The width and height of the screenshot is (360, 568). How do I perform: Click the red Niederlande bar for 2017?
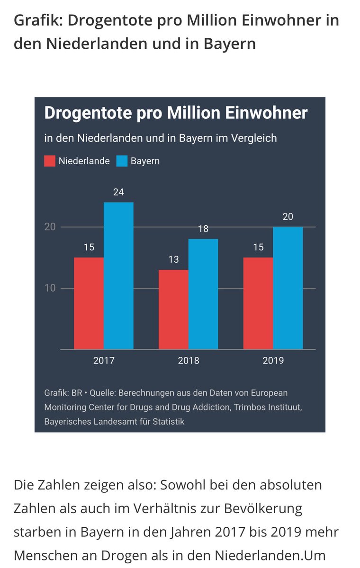click(x=89, y=303)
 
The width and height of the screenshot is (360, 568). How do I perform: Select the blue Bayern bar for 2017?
click(x=118, y=275)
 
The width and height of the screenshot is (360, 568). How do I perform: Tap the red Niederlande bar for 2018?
click(x=173, y=310)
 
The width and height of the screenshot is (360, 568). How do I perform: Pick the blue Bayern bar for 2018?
click(x=203, y=294)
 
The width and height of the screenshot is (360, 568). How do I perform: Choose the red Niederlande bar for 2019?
click(x=258, y=303)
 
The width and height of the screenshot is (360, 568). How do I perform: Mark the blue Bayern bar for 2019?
click(x=288, y=288)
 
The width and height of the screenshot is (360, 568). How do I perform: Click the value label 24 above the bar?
click(x=118, y=192)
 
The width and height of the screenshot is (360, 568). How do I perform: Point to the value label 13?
click(x=173, y=260)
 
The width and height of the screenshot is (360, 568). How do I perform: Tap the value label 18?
click(x=203, y=229)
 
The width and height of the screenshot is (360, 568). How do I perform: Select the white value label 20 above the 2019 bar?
click(x=288, y=217)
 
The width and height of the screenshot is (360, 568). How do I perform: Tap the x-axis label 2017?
click(x=103, y=361)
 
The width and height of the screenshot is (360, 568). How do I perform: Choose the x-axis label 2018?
click(x=188, y=361)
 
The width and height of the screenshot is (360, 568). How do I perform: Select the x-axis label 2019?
click(x=273, y=361)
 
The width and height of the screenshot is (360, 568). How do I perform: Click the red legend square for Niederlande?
click(x=50, y=161)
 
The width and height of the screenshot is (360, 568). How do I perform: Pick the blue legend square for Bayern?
click(x=122, y=161)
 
